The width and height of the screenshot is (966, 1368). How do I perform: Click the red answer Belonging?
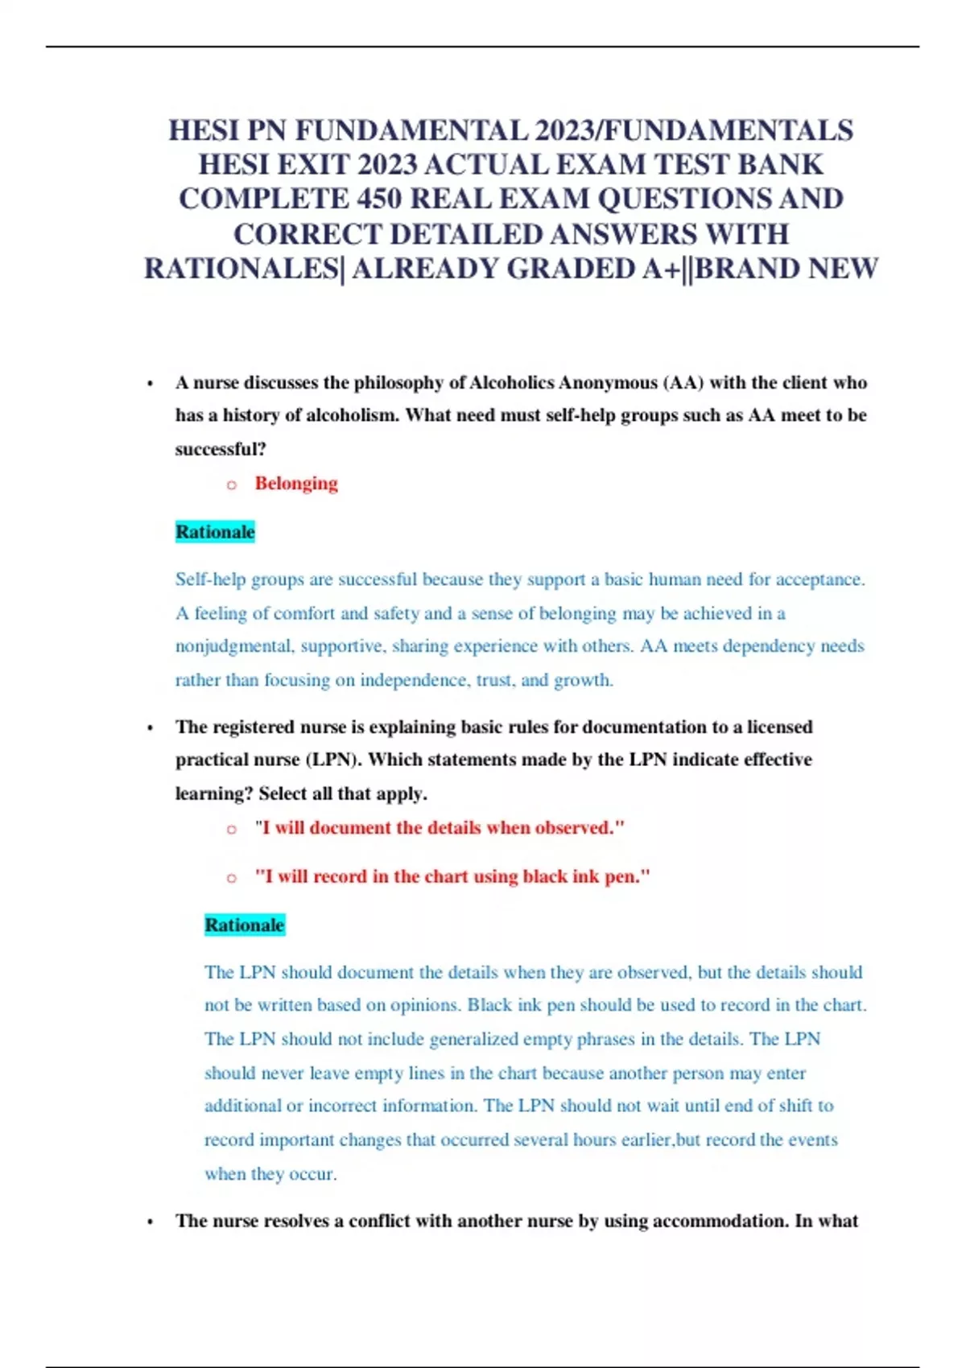(296, 483)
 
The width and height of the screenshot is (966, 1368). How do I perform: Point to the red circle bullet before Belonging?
(232, 484)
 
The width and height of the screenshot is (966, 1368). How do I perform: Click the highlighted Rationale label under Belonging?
(215, 532)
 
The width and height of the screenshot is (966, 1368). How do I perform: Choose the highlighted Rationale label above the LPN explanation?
(245, 925)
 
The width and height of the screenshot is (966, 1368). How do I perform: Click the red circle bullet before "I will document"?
(232, 829)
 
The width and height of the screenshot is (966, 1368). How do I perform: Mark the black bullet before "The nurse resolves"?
(150, 1222)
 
